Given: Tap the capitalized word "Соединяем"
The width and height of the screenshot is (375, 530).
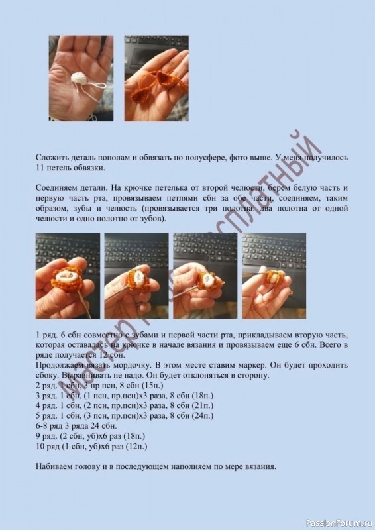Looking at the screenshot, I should [x=56, y=188].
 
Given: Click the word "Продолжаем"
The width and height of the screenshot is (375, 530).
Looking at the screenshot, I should [x=61, y=365].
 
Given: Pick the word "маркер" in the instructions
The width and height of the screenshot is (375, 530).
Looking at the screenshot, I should [x=272, y=365].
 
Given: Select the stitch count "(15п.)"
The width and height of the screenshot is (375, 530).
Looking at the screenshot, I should [x=150, y=386].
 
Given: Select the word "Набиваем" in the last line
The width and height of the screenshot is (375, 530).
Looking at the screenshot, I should [x=56, y=468].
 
